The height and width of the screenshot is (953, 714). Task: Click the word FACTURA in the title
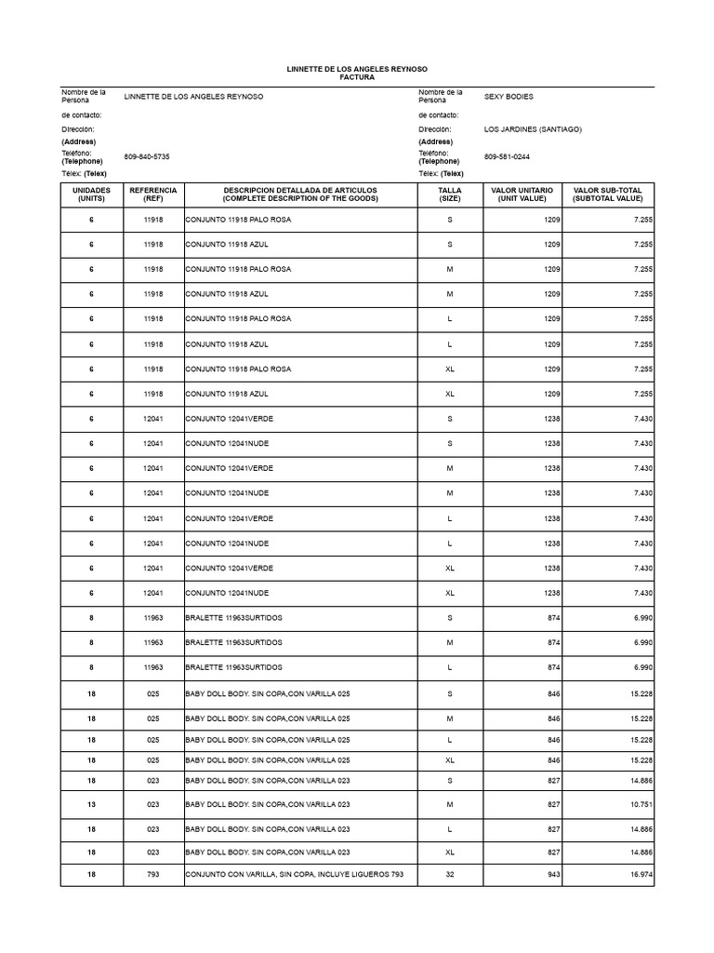(357, 78)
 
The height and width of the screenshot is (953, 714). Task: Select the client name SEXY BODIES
(509, 97)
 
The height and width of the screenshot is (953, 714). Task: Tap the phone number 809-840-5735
(147, 157)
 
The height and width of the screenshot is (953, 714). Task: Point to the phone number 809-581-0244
(507, 157)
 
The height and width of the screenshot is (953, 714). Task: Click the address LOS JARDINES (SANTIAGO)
(533, 129)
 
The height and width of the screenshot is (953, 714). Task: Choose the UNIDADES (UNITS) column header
(91, 194)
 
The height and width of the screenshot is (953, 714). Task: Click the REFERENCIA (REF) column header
(153, 194)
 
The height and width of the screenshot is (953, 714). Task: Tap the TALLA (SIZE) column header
(449, 194)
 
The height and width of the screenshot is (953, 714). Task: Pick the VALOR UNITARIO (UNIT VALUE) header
(522, 194)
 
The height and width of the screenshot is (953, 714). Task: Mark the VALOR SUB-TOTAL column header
(607, 194)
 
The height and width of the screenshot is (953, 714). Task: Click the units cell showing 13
(91, 804)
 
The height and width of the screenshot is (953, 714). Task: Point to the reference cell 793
(153, 875)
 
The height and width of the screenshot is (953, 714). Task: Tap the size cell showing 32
(449, 875)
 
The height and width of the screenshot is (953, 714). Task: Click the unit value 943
(552, 875)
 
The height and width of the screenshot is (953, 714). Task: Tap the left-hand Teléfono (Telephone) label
(82, 157)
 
